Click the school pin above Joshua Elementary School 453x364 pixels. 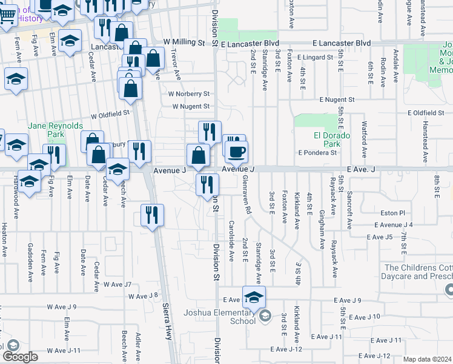tap(254, 297)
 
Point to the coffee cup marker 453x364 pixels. tap(236, 151)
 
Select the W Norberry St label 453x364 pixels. tap(189, 94)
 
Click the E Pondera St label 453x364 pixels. tap(317, 153)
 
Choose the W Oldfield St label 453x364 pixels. tap(110, 113)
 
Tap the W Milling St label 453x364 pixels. tap(185, 42)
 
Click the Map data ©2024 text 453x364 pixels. tap(426, 359)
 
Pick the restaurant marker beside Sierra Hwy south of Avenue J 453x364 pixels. tap(151, 215)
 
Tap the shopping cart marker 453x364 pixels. tap(7, 15)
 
